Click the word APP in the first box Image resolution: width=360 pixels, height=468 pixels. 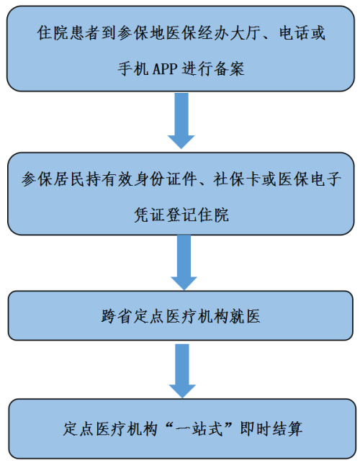[x=165, y=68]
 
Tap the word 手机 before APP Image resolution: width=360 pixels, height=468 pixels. [x=132, y=68]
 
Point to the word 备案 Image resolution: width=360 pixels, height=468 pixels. [x=229, y=68]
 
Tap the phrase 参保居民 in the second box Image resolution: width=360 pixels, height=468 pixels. [x=53, y=179]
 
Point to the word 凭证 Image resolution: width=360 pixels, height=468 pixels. [x=149, y=215]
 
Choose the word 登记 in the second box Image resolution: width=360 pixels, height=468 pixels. [x=181, y=215]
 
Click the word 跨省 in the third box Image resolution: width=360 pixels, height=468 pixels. [x=117, y=316]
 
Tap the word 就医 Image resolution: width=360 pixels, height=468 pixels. [x=245, y=316]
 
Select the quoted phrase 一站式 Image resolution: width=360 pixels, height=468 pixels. [x=199, y=429]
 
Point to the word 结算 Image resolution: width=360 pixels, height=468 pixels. [x=287, y=429]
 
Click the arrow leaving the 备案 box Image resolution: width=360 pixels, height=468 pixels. [x=181, y=121]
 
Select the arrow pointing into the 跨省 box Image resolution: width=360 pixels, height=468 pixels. [x=184, y=262]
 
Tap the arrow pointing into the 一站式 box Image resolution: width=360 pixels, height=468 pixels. [x=182, y=371]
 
